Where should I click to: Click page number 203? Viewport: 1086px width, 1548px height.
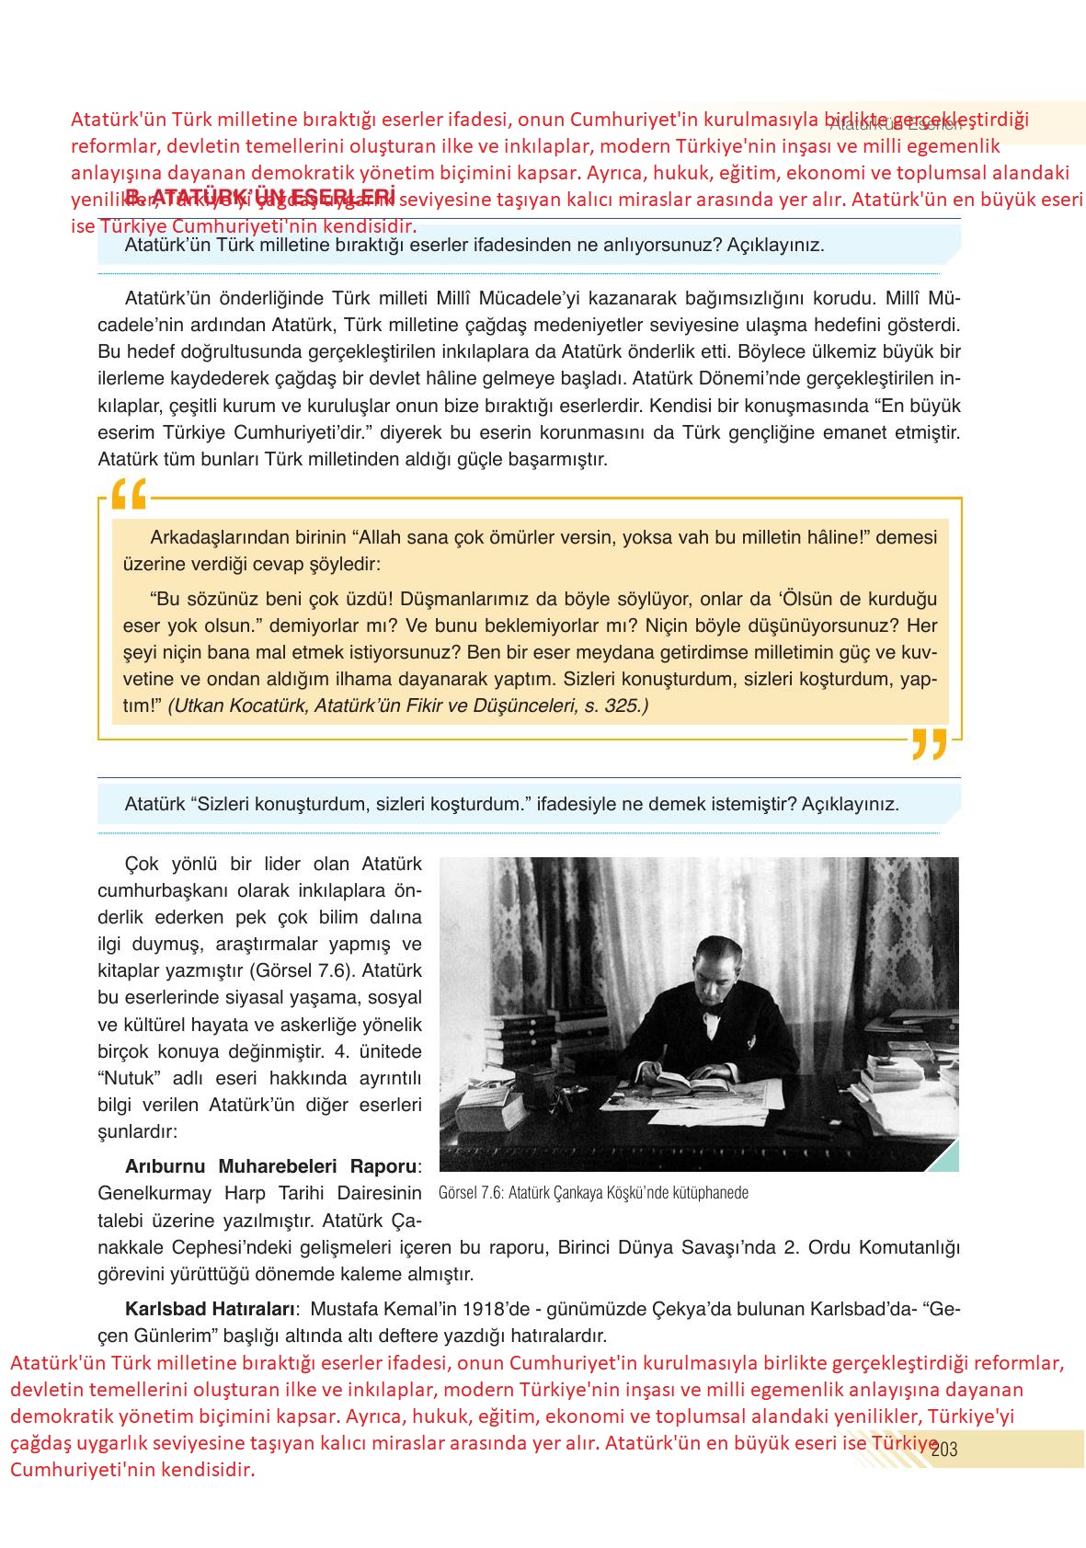944,1451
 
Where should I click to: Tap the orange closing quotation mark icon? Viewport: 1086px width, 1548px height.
929,743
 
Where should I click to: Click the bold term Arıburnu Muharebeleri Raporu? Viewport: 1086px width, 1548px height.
270,1166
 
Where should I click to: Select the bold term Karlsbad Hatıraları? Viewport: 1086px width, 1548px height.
210,1308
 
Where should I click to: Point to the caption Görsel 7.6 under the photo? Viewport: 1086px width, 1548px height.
594,1193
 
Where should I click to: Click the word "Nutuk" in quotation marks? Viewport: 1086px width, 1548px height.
131,1077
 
